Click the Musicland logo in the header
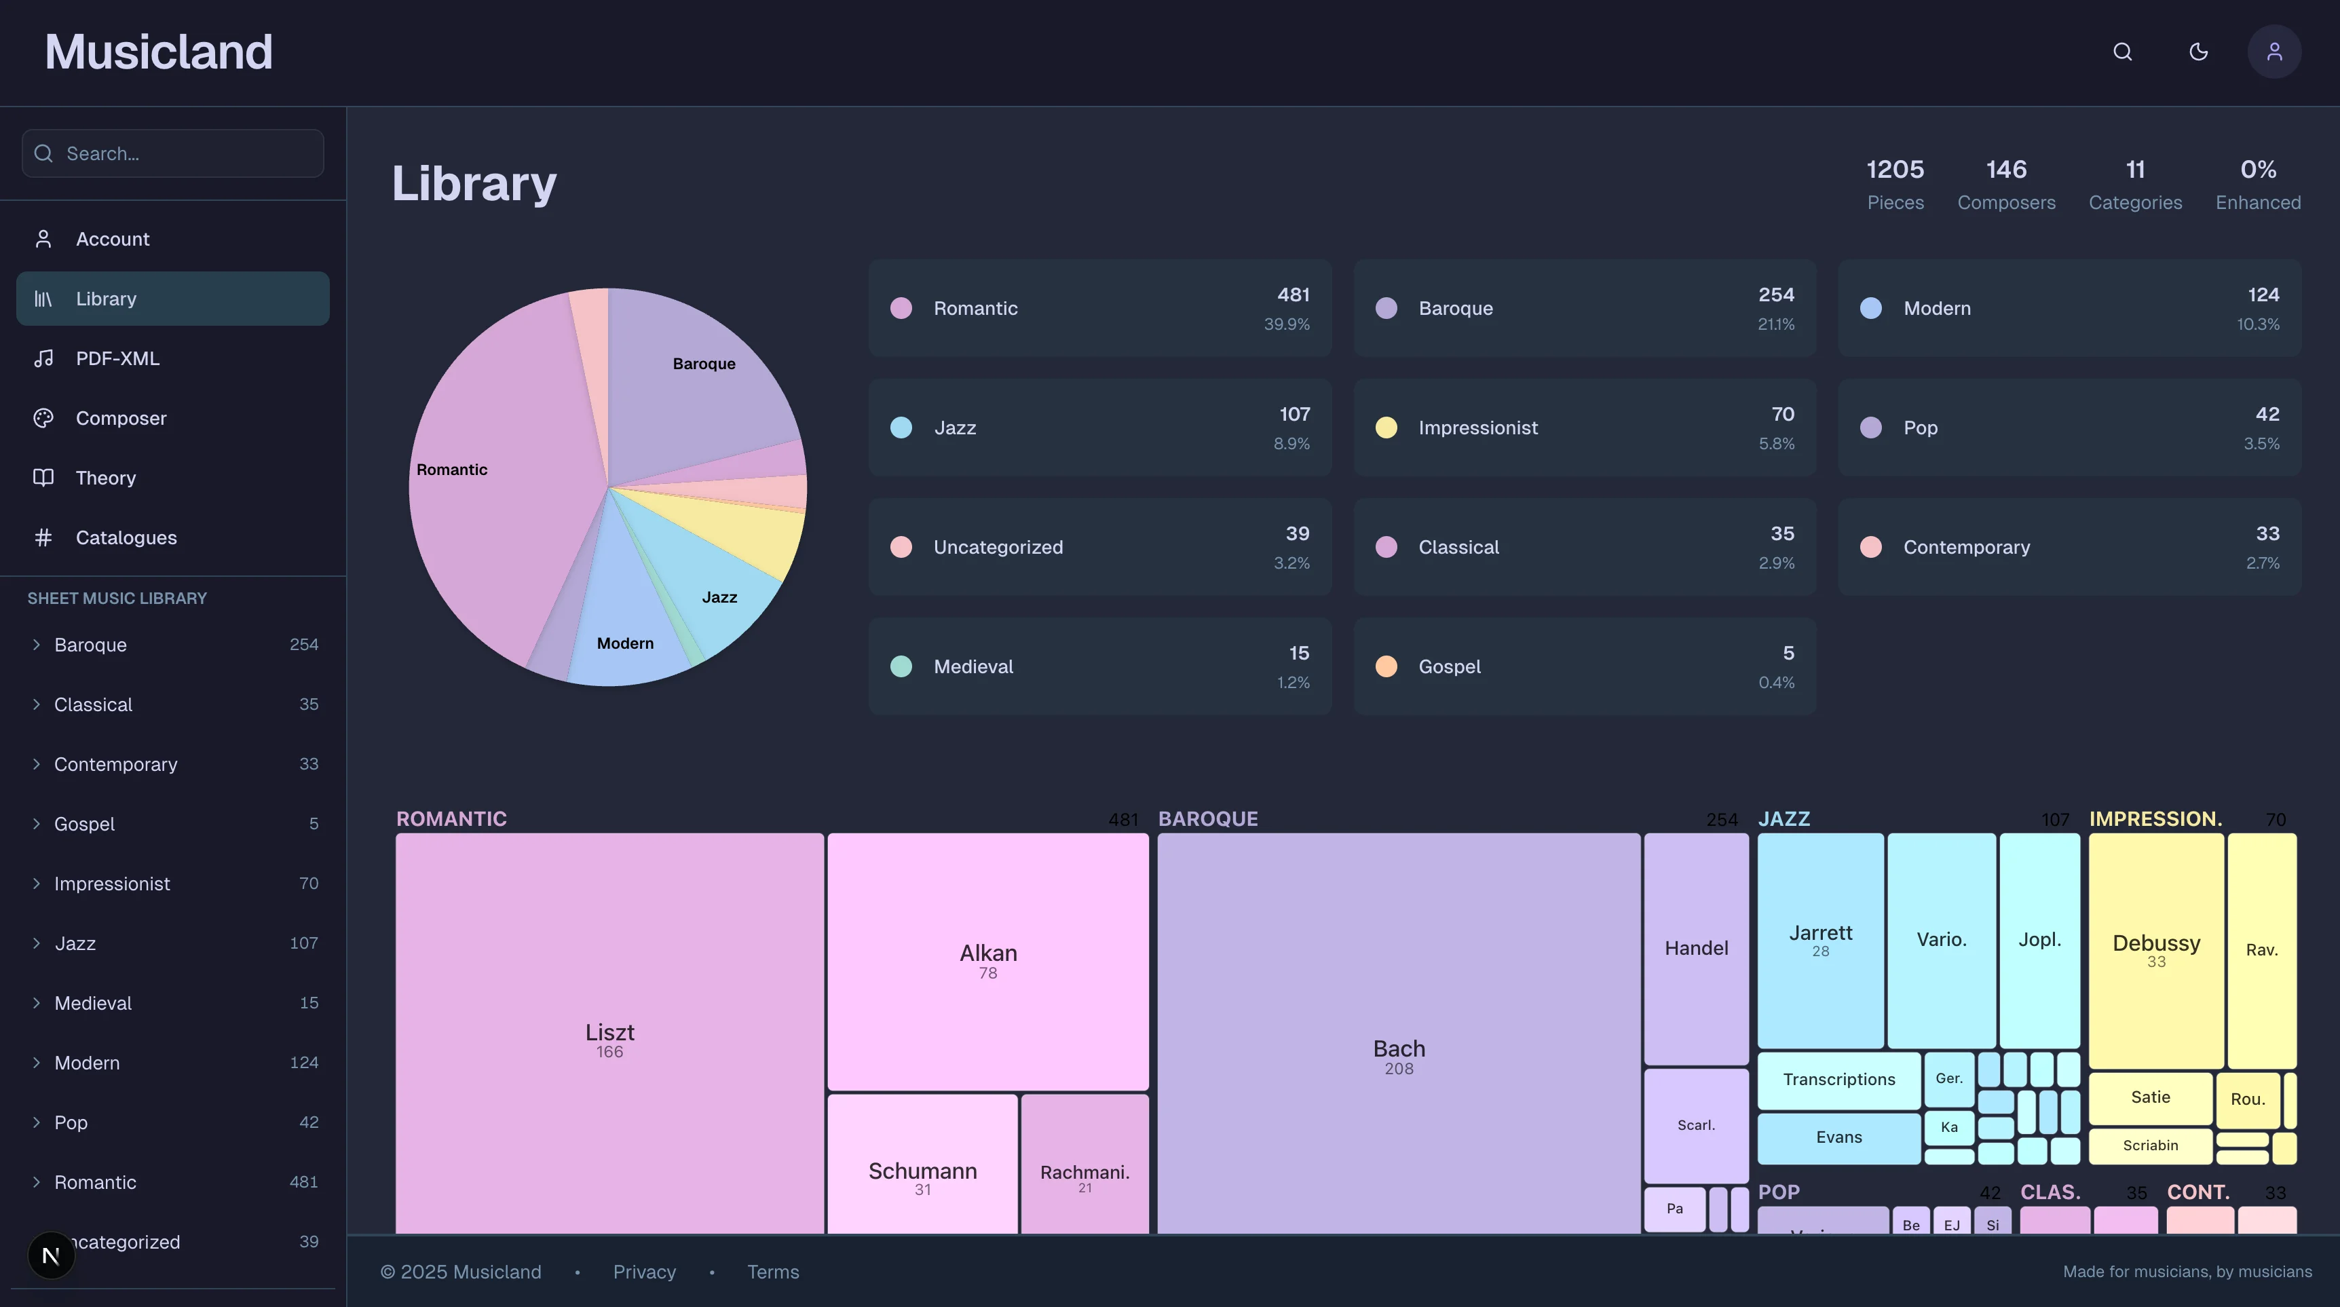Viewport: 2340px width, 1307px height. [158, 52]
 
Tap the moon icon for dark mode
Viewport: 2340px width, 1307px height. [2198, 52]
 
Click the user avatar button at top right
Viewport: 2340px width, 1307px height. [2273, 52]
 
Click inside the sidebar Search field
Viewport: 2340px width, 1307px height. [182, 153]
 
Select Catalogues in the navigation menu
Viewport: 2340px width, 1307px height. [126, 537]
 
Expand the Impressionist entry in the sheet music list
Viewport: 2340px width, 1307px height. [112, 884]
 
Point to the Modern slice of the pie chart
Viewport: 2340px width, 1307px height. [625, 643]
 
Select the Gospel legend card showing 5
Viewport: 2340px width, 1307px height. [1584, 666]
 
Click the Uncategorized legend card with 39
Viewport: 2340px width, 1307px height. [1099, 547]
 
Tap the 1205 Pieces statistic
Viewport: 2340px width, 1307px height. [1895, 183]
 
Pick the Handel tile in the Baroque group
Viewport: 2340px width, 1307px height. [1696, 948]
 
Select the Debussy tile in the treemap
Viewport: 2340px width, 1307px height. [2155, 949]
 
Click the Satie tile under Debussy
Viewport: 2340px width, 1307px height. [2150, 1097]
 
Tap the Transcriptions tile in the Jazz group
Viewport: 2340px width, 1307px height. [1838, 1080]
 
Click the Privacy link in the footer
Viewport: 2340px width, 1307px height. [644, 1272]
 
